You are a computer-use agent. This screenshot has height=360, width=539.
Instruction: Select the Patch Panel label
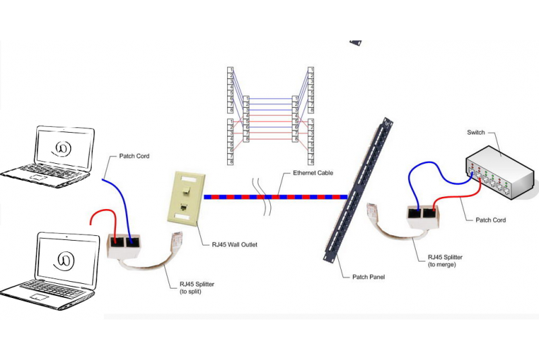[x=369, y=276]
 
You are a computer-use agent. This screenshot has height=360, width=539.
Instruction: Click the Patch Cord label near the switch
[x=490, y=220]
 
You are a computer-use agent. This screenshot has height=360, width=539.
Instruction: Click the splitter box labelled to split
[x=125, y=245]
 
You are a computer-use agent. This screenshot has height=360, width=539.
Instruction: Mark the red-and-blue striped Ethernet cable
[x=296, y=197]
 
